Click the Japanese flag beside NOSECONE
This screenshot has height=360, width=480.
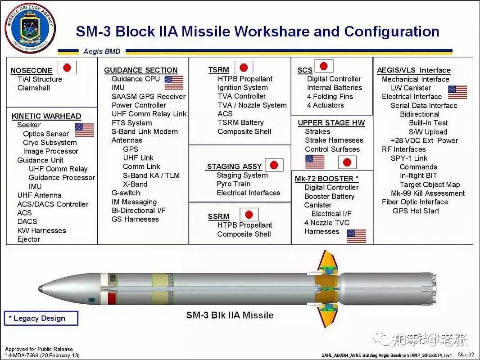click(x=67, y=68)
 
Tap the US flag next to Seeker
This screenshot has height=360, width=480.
click(x=84, y=130)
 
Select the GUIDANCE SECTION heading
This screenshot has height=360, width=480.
click(x=140, y=70)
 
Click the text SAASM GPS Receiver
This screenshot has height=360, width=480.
click(x=149, y=96)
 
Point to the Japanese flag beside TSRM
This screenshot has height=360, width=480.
click(x=244, y=68)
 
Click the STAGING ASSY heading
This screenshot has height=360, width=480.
click(x=234, y=166)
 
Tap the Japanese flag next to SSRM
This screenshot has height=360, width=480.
click(x=249, y=215)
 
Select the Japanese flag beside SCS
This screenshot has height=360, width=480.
click(x=323, y=66)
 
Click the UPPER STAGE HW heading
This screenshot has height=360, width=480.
click(x=331, y=123)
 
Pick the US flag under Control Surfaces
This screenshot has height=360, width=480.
click(x=315, y=162)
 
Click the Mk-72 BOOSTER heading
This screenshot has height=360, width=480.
click(x=326, y=179)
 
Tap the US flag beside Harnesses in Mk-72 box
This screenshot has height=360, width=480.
click(x=356, y=236)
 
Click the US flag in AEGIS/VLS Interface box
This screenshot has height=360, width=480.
click(x=457, y=92)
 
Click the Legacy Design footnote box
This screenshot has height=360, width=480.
click(x=41, y=318)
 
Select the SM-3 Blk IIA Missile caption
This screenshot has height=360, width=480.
click(x=230, y=315)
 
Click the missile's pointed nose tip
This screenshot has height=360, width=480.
click(x=40, y=288)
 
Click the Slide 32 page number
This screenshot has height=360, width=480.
click(x=465, y=355)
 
